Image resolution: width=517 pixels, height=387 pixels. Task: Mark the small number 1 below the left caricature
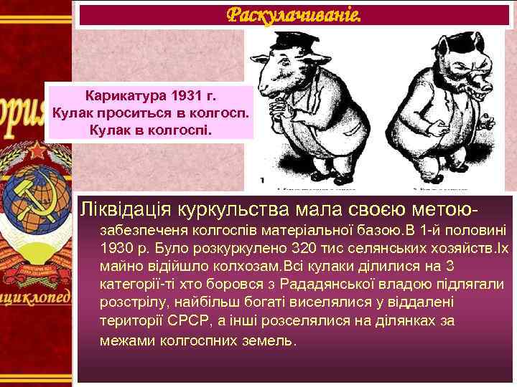point(264,181)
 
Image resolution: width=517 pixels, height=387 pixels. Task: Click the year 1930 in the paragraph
point(118,249)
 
